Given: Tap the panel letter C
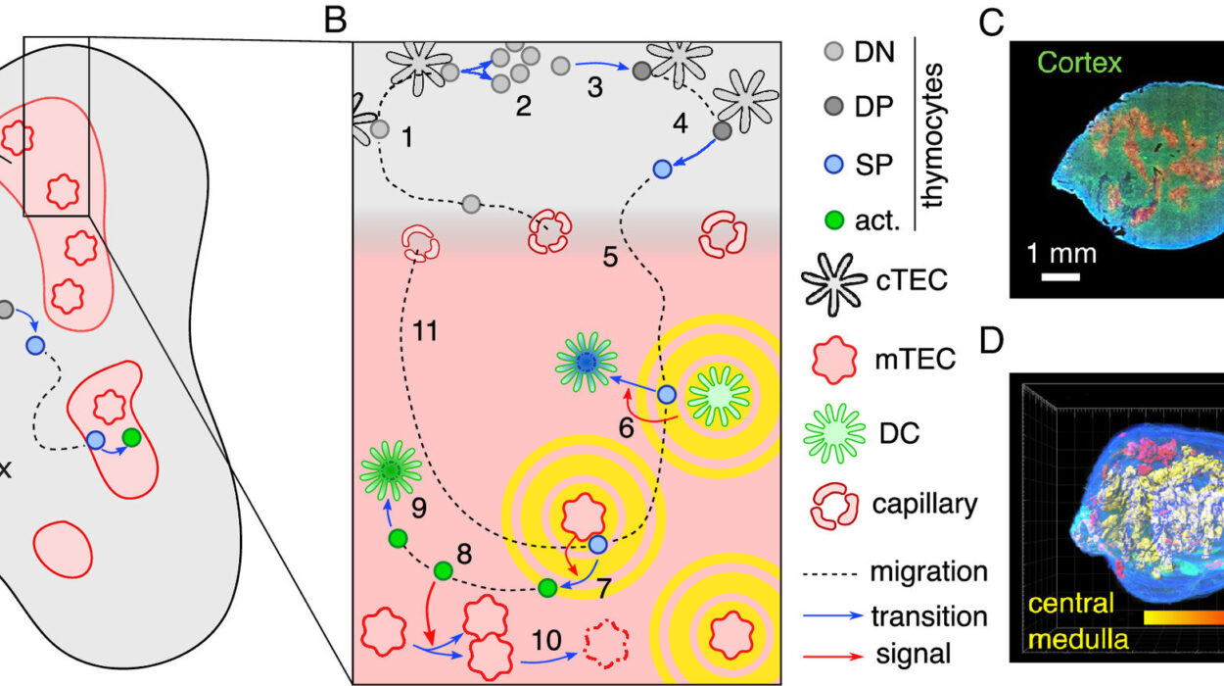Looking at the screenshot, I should [x=992, y=24].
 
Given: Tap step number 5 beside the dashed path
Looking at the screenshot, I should [x=609, y=259].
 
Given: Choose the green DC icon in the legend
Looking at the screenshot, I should [x=835, y=433].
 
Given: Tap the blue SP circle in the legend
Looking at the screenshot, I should [x=835, y=165].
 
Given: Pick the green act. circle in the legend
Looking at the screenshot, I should [x=835, y=220].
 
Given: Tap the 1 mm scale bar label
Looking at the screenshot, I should [x=1061, y=255].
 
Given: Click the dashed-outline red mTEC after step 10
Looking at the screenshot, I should [x=602, y=644].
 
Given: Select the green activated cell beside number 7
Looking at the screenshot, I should [x=547, y=587].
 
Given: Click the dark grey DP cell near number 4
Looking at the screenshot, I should [x=724, y=130].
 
